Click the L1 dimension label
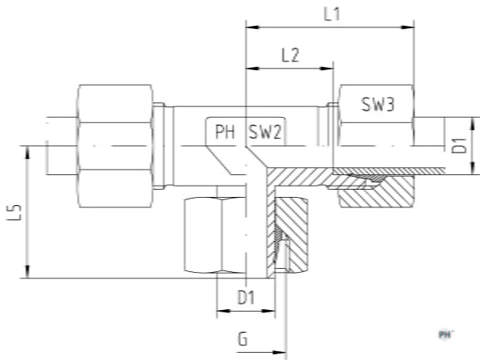coord(332,15)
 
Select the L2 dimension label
coord(290,56)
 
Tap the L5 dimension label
coord(15,212)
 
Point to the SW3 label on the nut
coord(378,104)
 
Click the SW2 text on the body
coord(265,132)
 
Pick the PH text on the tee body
coord(225,132)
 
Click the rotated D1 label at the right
coord(460,145)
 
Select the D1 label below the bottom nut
coord(246,297)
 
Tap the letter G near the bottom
coord(243,339)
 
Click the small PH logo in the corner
coord(445,334)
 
